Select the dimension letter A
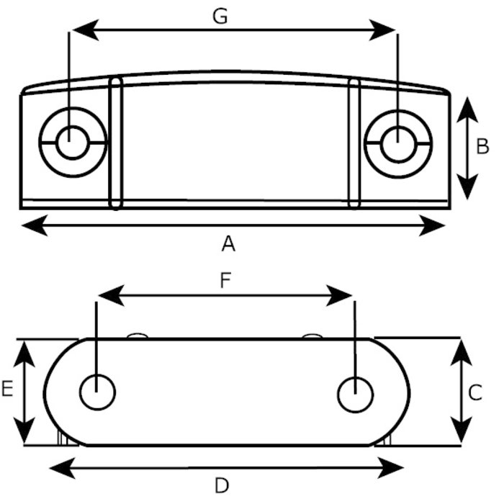228,245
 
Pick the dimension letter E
7,390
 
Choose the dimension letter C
475,392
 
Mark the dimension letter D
222,485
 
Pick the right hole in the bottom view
355,395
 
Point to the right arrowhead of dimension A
436,228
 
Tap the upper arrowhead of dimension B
467,104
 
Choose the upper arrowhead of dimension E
26,350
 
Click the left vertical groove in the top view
115,144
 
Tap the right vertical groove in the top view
354,144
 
